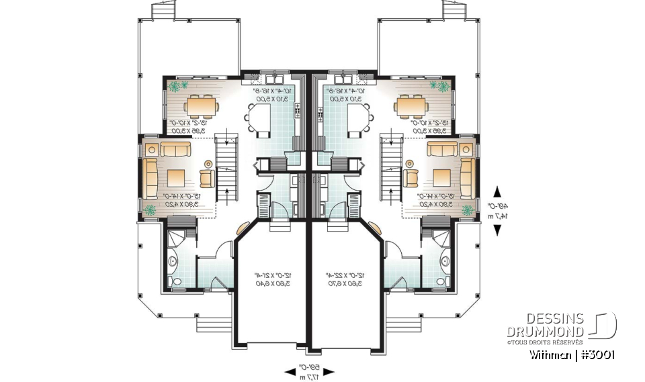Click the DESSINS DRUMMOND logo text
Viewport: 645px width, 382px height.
click(545, 326)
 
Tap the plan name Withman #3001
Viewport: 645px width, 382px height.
click(571, 354)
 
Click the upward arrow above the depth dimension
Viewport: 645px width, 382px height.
click(497, 191)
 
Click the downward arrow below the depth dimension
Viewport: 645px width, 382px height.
click(497, 230)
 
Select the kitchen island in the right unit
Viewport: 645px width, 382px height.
click(357, 121)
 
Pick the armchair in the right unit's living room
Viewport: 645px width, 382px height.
click(411, 177)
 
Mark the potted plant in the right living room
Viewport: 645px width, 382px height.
click(466, 209)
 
